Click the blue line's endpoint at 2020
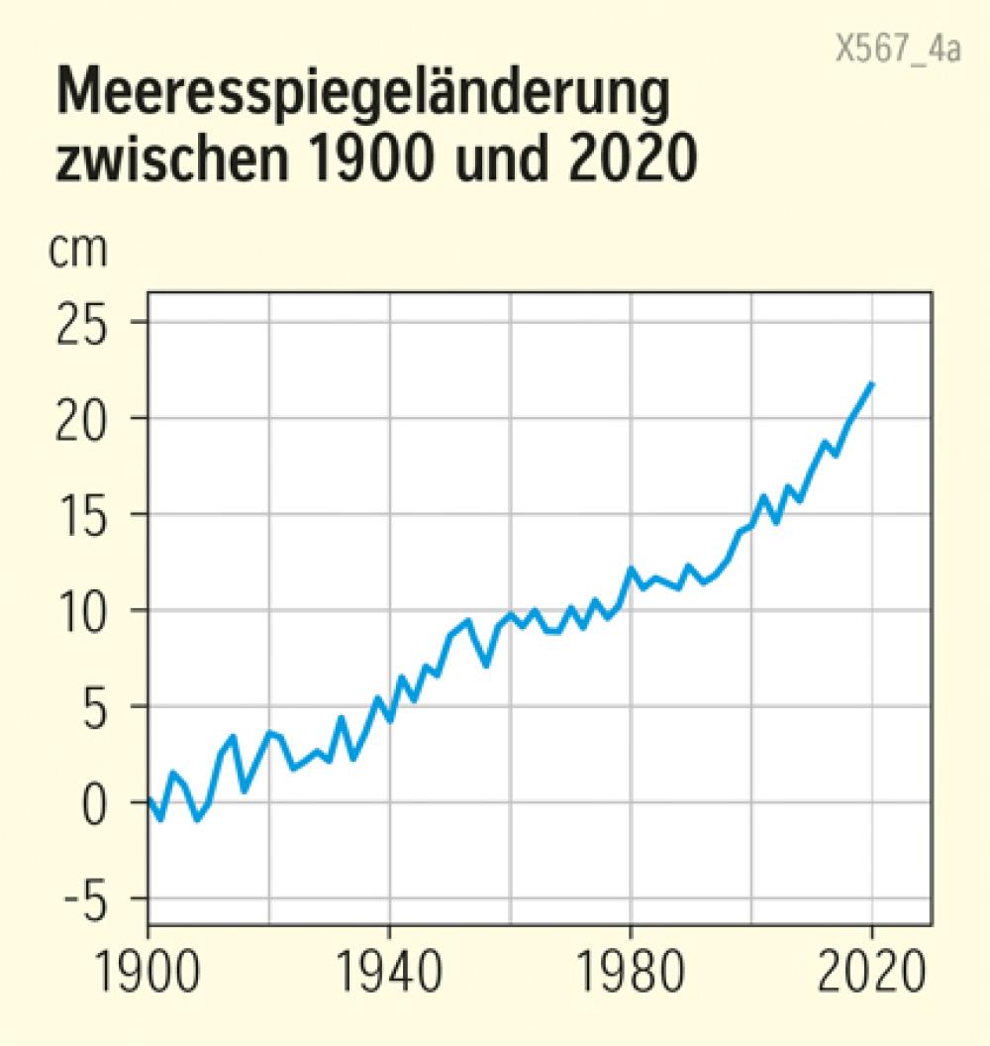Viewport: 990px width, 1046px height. tap(872, 383)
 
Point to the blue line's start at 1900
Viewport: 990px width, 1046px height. tap(149, 800)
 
